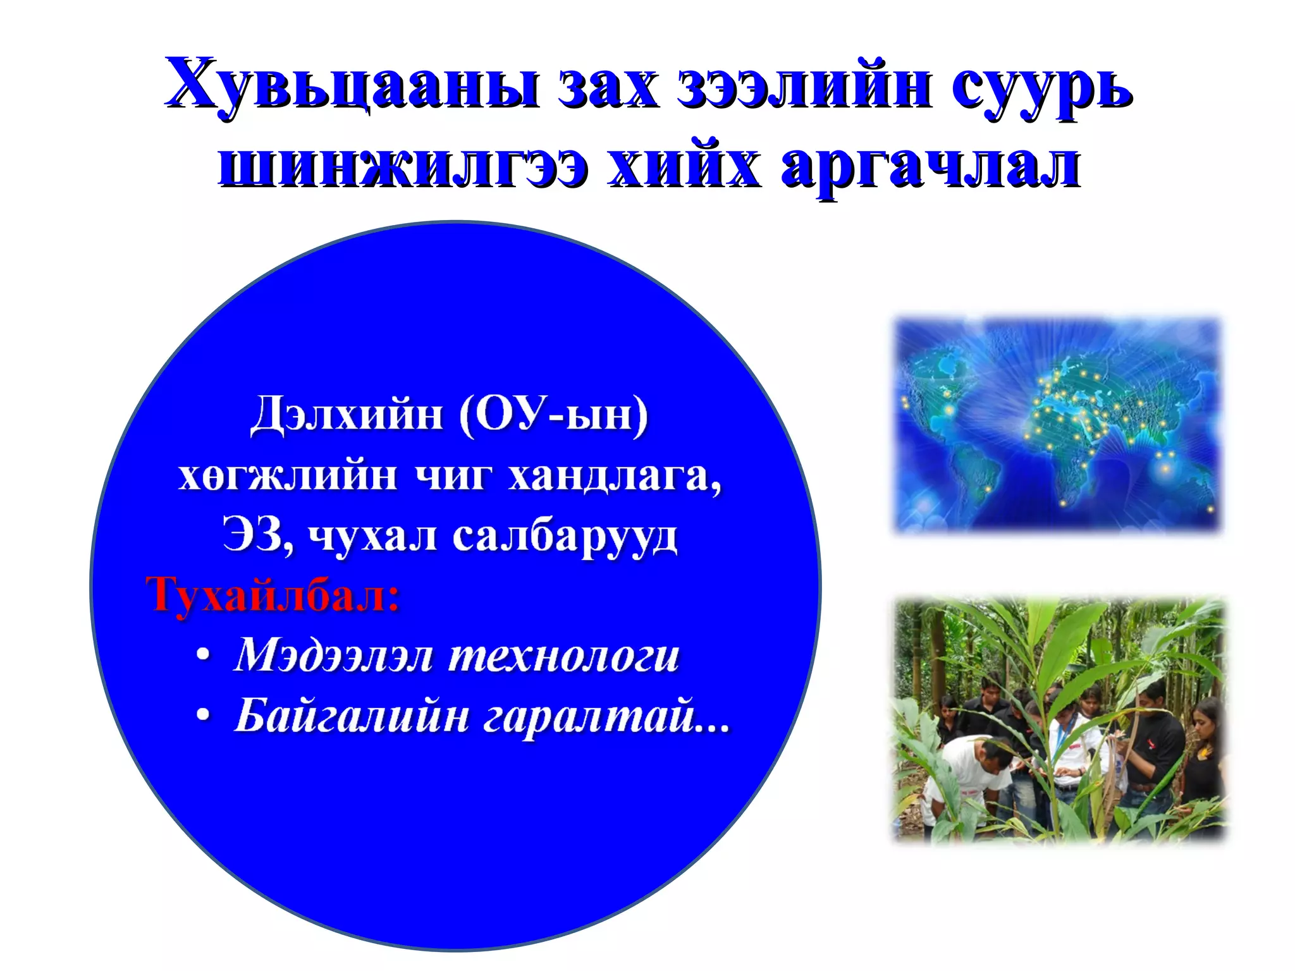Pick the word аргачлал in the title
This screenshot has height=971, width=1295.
tap(930, 167)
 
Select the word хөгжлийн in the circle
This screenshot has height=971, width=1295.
tap(288, 475)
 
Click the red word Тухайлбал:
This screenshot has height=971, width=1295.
tap(273, 595)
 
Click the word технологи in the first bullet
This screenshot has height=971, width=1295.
tap(563, 656)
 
